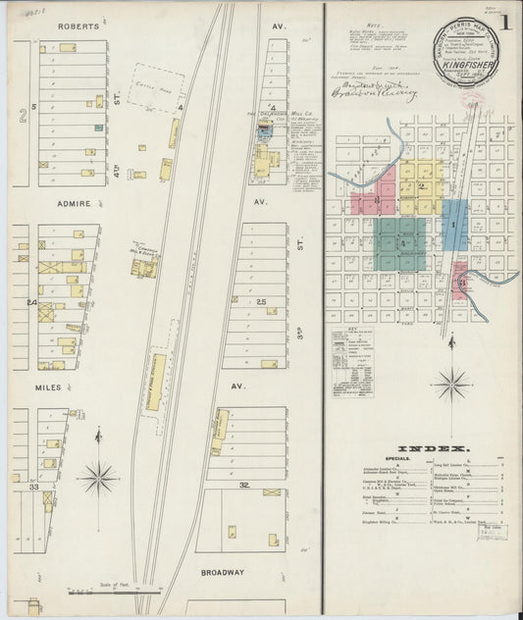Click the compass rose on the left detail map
pos(98,479)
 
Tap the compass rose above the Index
pos(452,383)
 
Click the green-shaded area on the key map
pos(401,236)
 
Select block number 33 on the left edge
pos(32,486)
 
